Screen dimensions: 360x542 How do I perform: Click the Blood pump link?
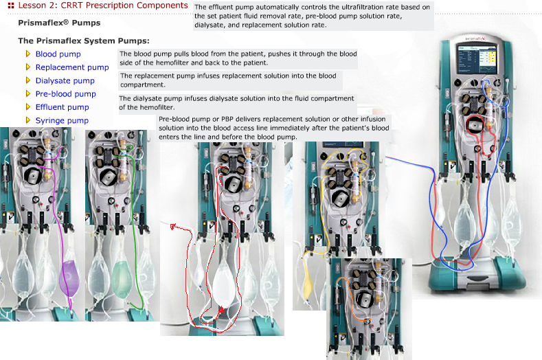(58, 54)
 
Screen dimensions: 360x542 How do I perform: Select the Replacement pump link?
(71, 67)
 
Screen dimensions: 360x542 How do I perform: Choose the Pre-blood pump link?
(65, 94)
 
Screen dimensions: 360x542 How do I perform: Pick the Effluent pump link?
(62, 107)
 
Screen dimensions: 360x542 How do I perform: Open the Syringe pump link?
(62, 121)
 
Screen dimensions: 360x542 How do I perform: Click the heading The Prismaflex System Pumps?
(83, 41)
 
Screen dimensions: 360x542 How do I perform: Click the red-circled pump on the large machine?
(475, 126)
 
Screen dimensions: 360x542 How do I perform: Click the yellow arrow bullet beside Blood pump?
(28, 54)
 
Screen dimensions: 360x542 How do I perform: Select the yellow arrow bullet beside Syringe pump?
(28, 120)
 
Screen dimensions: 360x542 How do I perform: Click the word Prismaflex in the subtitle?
(40, 23)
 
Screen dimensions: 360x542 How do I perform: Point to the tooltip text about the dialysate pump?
(237, 103)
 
